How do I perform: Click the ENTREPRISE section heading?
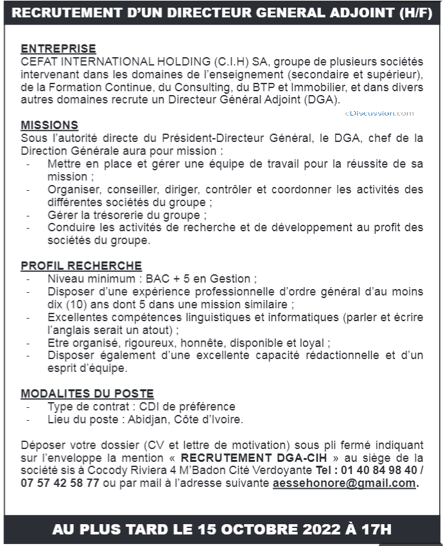58,48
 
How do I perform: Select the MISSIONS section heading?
49,125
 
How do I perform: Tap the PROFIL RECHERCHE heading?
82,265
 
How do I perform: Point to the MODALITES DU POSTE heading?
87,393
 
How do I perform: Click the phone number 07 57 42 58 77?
60,483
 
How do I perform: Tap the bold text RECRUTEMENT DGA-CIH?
262,457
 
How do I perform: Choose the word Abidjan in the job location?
146,419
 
